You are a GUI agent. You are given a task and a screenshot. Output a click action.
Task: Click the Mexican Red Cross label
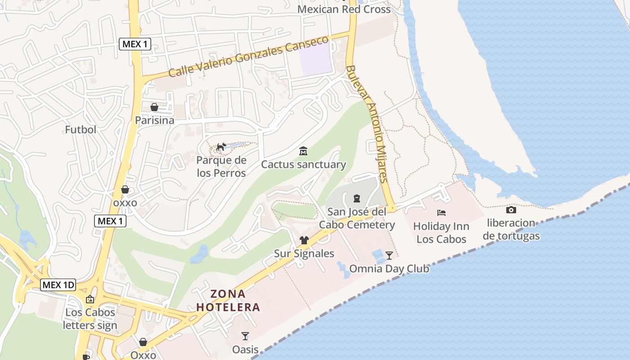(344, 9)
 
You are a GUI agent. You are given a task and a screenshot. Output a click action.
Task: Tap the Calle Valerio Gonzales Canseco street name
(248, 57)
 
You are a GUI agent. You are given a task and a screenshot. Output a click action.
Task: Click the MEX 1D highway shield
(58, 285)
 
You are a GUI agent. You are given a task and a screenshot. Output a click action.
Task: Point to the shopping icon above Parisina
(154, 107)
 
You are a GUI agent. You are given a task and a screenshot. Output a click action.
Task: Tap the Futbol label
(81, 130)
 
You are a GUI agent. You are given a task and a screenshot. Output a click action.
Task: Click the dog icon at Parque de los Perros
(221, 147)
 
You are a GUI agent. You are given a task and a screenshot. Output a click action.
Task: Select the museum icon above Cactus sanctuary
(303, 151)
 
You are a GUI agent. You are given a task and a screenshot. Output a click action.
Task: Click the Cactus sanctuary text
(303, 165)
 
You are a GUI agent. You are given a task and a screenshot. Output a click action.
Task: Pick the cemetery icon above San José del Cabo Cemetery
(357, 198)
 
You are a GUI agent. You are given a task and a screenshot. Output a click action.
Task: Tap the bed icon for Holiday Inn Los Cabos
(441, 212)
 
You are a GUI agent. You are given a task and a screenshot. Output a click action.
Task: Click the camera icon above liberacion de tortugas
(511, 210)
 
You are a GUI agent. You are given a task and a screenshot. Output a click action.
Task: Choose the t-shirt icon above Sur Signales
(304, 240)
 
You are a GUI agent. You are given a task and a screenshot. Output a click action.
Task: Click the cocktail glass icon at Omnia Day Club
(389, 256)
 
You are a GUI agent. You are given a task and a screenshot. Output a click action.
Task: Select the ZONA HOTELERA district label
(229, 301)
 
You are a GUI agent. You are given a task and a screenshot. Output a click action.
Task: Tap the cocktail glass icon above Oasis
(245, 336)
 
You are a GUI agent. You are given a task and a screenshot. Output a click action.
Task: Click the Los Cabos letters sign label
(90, 319)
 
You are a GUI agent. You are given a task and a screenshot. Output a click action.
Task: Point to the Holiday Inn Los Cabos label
(441, 233)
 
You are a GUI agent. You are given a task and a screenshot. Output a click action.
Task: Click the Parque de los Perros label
(221, 166)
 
